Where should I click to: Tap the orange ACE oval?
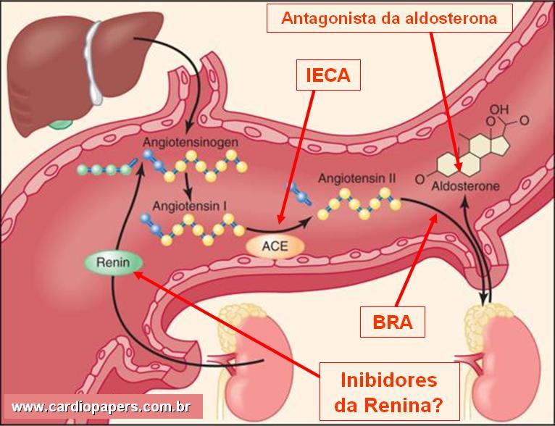[275, 246]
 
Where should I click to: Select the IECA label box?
[327, 75]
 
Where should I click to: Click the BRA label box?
[393, 322]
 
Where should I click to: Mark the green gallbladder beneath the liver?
[61, 122]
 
